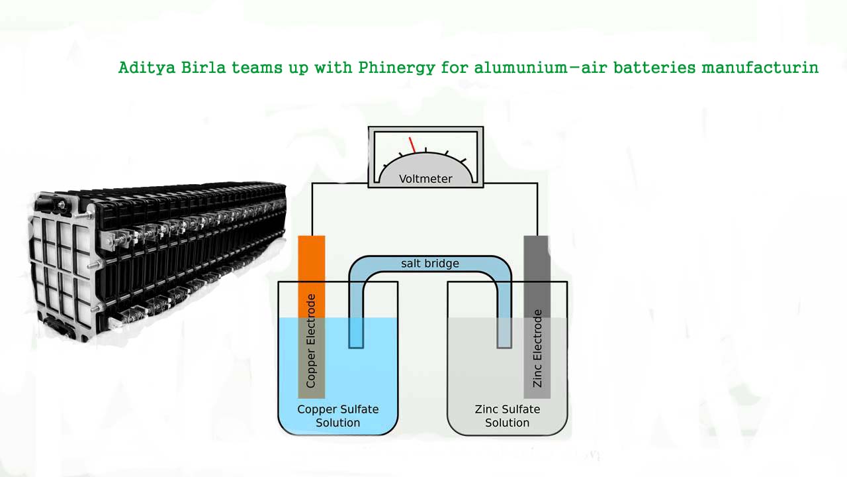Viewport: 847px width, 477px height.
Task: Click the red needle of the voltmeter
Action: click(x=412, y=144)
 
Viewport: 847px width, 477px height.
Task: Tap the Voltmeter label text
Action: click(x=425, y=179)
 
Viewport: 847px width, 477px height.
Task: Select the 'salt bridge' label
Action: click(x=429, y=264)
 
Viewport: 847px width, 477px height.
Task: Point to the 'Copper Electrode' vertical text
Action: click(x=311, y=341)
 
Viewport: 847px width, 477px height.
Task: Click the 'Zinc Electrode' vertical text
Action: click(x=537, y=348)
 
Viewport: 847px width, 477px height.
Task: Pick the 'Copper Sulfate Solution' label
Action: click(x=337, y=416)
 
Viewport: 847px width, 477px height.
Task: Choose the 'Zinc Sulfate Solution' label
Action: click(x=507, y=416)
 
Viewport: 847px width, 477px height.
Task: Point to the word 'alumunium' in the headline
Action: click(x=514, y=68)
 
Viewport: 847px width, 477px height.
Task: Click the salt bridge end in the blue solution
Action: click(x=356, y=335)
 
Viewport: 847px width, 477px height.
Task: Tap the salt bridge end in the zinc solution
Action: click(x=504, y=335)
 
